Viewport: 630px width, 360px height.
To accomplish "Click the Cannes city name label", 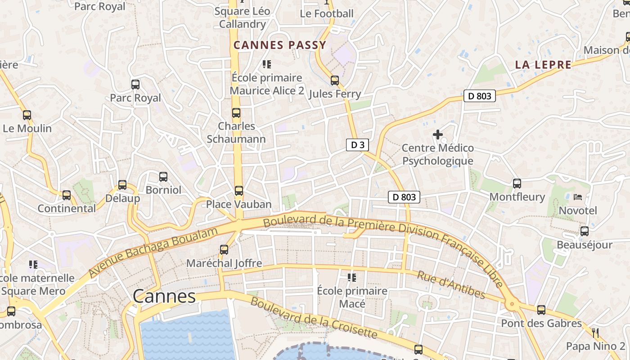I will (x=164, y=296).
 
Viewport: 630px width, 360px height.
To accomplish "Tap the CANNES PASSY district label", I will (x=279, y=45).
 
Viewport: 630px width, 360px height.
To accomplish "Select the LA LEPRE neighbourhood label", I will (x=543, y=65).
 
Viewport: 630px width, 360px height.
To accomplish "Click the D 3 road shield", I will (x=357, y=145).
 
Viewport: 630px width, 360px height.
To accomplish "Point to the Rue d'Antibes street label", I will (x=451, y=285).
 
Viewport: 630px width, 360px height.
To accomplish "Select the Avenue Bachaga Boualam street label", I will (x=153, y=252).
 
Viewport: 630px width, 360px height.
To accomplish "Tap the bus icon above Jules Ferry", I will (x=334, y=81).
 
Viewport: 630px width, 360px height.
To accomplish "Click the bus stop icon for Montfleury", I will (x=517, y=184).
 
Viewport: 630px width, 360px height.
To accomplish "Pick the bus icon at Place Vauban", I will (x=238, y=191).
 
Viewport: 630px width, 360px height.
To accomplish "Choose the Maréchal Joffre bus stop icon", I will (x=224, y=250).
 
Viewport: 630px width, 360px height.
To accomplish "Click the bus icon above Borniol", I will (x=163, y=177).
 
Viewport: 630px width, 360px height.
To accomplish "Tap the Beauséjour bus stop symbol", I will (x=584, y=231).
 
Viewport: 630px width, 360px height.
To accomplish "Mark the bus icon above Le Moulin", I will (x=27, y=115).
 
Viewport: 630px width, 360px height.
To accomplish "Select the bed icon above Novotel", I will (x=577, y=197).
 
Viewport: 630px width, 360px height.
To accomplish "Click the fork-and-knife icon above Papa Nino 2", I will (x=595, y=333).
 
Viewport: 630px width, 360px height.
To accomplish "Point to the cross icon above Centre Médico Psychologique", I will (x=437, y=135).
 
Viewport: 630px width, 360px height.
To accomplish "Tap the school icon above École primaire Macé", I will (x=351, y=278).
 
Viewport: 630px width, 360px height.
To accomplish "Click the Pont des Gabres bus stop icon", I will (x=541, y=310).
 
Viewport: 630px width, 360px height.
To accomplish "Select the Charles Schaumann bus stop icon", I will (x=236, y=113).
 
